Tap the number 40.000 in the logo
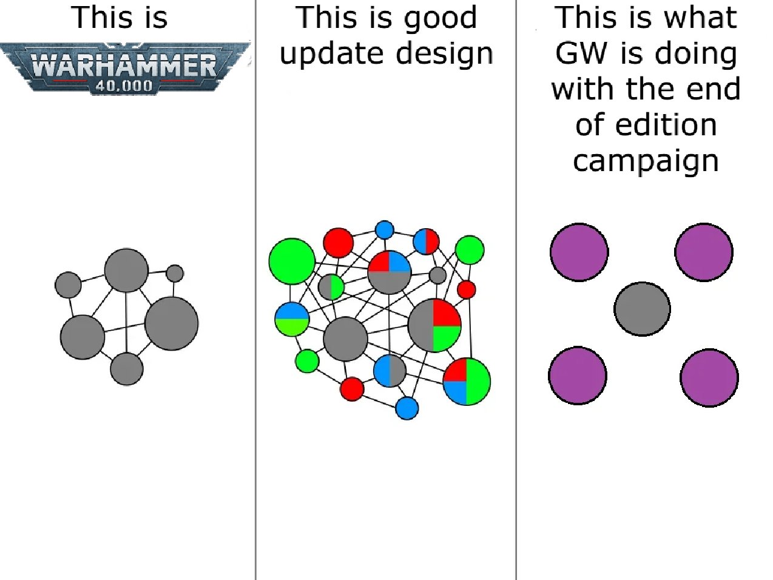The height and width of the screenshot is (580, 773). (x=124, y=86)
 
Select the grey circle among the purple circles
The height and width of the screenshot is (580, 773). (x=642, y=309)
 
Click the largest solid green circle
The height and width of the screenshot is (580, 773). (x=292, y=261)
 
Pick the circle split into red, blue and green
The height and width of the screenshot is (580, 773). (x=467, y=382)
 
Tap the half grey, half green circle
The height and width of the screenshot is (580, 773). (x=331, y=287)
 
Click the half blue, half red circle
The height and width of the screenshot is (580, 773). (x=426, y=241)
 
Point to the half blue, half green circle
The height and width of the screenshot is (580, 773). (x=292, y=319)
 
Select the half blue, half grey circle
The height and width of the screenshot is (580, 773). (x=390, y=371)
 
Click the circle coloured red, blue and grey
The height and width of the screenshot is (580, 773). (x=390, y=272)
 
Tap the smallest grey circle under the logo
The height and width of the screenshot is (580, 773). (x=175, y=274)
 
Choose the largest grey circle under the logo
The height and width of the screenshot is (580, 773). (x=172, y=323)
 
